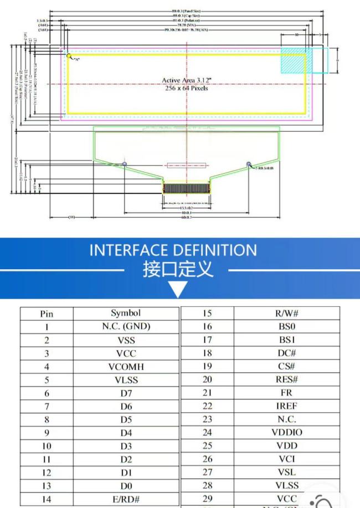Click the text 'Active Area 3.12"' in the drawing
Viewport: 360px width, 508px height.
[186, 80]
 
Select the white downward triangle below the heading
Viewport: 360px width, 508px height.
[178, 289]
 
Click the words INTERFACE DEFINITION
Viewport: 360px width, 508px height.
[173, 250]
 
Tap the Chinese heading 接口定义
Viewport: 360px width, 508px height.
[178, 270]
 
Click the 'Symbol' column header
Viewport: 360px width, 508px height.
[126, 314]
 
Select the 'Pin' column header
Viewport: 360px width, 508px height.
[47, 314]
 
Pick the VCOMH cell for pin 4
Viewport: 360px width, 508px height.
[126, 367]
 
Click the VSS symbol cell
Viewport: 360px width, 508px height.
[126, 340]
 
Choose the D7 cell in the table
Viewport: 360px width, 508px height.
[126, 393]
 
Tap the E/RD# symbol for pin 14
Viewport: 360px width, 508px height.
[126, 499]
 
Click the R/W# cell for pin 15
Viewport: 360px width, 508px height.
[287, 313]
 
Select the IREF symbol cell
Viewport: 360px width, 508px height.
[287, 406]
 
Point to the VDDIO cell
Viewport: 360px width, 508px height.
[287, 433]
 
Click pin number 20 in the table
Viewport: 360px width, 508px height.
[207, 379]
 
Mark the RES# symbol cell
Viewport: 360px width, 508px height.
[287, 379]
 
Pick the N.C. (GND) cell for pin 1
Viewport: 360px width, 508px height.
[126, 327]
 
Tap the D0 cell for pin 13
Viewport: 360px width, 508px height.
[126, 486]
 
